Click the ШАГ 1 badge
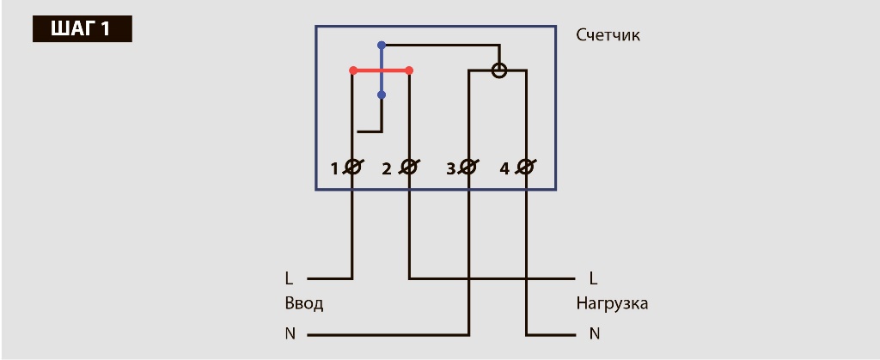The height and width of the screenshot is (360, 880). point(82,27)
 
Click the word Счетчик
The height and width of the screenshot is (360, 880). point(608,35)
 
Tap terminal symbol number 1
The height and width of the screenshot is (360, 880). point(352,168)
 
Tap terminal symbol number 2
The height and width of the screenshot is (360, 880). point(409,168)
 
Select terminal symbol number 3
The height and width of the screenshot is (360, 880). point(468,168)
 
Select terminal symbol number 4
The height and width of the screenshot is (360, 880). point(525,168)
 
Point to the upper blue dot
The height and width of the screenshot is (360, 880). point(382,45)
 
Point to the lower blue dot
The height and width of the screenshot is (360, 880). point(382,95)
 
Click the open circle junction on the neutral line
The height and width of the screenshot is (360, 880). point(498,70)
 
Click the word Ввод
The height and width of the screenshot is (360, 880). point(303,304)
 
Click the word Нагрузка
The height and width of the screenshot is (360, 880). point(612,304)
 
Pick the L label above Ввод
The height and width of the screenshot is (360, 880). point(289,278)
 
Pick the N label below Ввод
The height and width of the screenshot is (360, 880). point(290,333)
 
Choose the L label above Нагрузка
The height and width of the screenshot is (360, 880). point(593,278)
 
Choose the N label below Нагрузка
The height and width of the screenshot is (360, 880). point(594,333)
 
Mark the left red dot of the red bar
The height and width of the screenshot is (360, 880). point(352,70)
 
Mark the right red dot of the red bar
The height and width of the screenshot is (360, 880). point(409,70)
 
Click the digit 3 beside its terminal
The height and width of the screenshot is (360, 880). point(450,168)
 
